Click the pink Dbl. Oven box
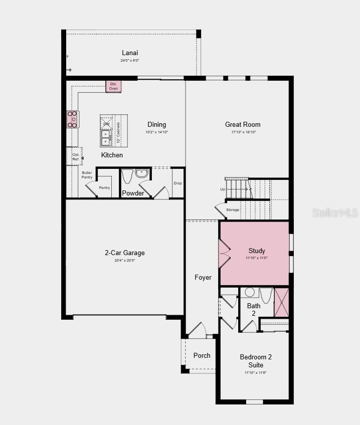coord(113,86)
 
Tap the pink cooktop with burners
coord(72,119)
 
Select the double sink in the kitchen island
coord(106,137)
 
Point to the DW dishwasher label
coord(106,123)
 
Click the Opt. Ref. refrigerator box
coord(75,156)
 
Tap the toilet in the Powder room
coord(127,176)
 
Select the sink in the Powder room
coord(142,173)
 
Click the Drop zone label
coord(178,183)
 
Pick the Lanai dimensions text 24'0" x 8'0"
coord(130,61)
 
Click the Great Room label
coord(243,124)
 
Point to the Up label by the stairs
coord(223,189)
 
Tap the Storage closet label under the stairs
coord(233,210)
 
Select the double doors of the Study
coord(224,253)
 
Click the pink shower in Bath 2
coord(282,302)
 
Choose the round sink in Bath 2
coord(250,292)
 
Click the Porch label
coord(202,355)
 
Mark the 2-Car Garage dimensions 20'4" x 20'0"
coord(125,261)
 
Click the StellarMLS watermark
coord(335,212)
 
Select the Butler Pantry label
coord(87,175)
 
